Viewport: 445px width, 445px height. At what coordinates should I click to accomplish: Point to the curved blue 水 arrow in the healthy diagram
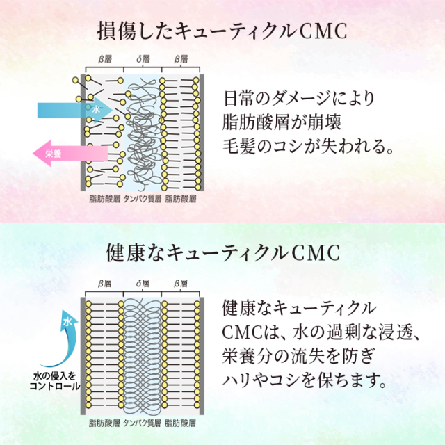[x=64, y=332]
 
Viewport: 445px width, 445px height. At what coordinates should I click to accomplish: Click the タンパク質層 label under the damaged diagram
[x=142, y=198]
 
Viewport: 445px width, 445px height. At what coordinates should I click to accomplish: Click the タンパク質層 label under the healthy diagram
[x=142, y=422]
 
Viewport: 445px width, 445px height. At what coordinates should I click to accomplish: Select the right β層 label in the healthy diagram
[x=181, y=284]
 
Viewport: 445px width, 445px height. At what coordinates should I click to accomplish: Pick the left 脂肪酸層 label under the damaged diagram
[x=104, y=198]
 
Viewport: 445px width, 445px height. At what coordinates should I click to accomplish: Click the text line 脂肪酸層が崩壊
[x=283, y=122]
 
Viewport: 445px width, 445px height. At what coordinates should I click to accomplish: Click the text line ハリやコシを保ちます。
[x=302, y=380]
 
